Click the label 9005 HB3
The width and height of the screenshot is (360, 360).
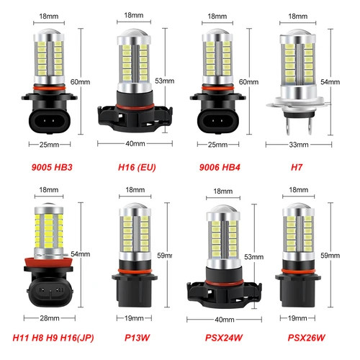point(49,167)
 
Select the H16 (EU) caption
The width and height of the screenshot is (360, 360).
point(137,167)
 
